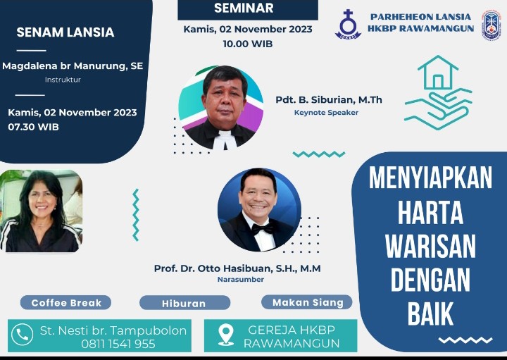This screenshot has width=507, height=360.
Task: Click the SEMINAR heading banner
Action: coord(248,9)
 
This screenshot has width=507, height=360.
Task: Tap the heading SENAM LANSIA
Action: coord(65,32)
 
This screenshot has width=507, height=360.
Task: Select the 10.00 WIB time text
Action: coord(248,44)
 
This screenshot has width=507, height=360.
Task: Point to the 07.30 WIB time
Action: coord(34,127)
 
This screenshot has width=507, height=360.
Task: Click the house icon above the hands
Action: coord(438,72)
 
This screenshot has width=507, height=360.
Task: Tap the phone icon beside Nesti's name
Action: coord(23,335)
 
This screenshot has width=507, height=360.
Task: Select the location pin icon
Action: coord(226,335)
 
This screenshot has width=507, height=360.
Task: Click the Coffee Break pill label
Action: coord(66,303)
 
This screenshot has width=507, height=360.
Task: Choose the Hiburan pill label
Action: coord(184,303)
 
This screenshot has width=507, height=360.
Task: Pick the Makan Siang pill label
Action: coord(307,302)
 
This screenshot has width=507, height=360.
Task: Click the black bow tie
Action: coord(263,229)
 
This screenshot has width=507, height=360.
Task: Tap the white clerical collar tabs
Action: coord(225,139)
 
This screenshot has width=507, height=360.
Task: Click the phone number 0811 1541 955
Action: coord(118,344)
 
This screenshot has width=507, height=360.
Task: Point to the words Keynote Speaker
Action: coord(326,113)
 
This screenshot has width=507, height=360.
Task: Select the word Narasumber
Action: coord(241,279)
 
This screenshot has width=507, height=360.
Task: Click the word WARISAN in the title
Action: coord(430,246)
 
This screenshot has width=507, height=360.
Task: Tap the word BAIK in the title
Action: coord(430,314)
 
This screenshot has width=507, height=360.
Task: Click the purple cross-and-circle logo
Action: coord(348,25)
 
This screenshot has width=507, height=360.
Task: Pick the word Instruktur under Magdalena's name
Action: coord(63,80)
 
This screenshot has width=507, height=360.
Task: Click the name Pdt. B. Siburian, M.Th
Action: coord(329,99)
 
